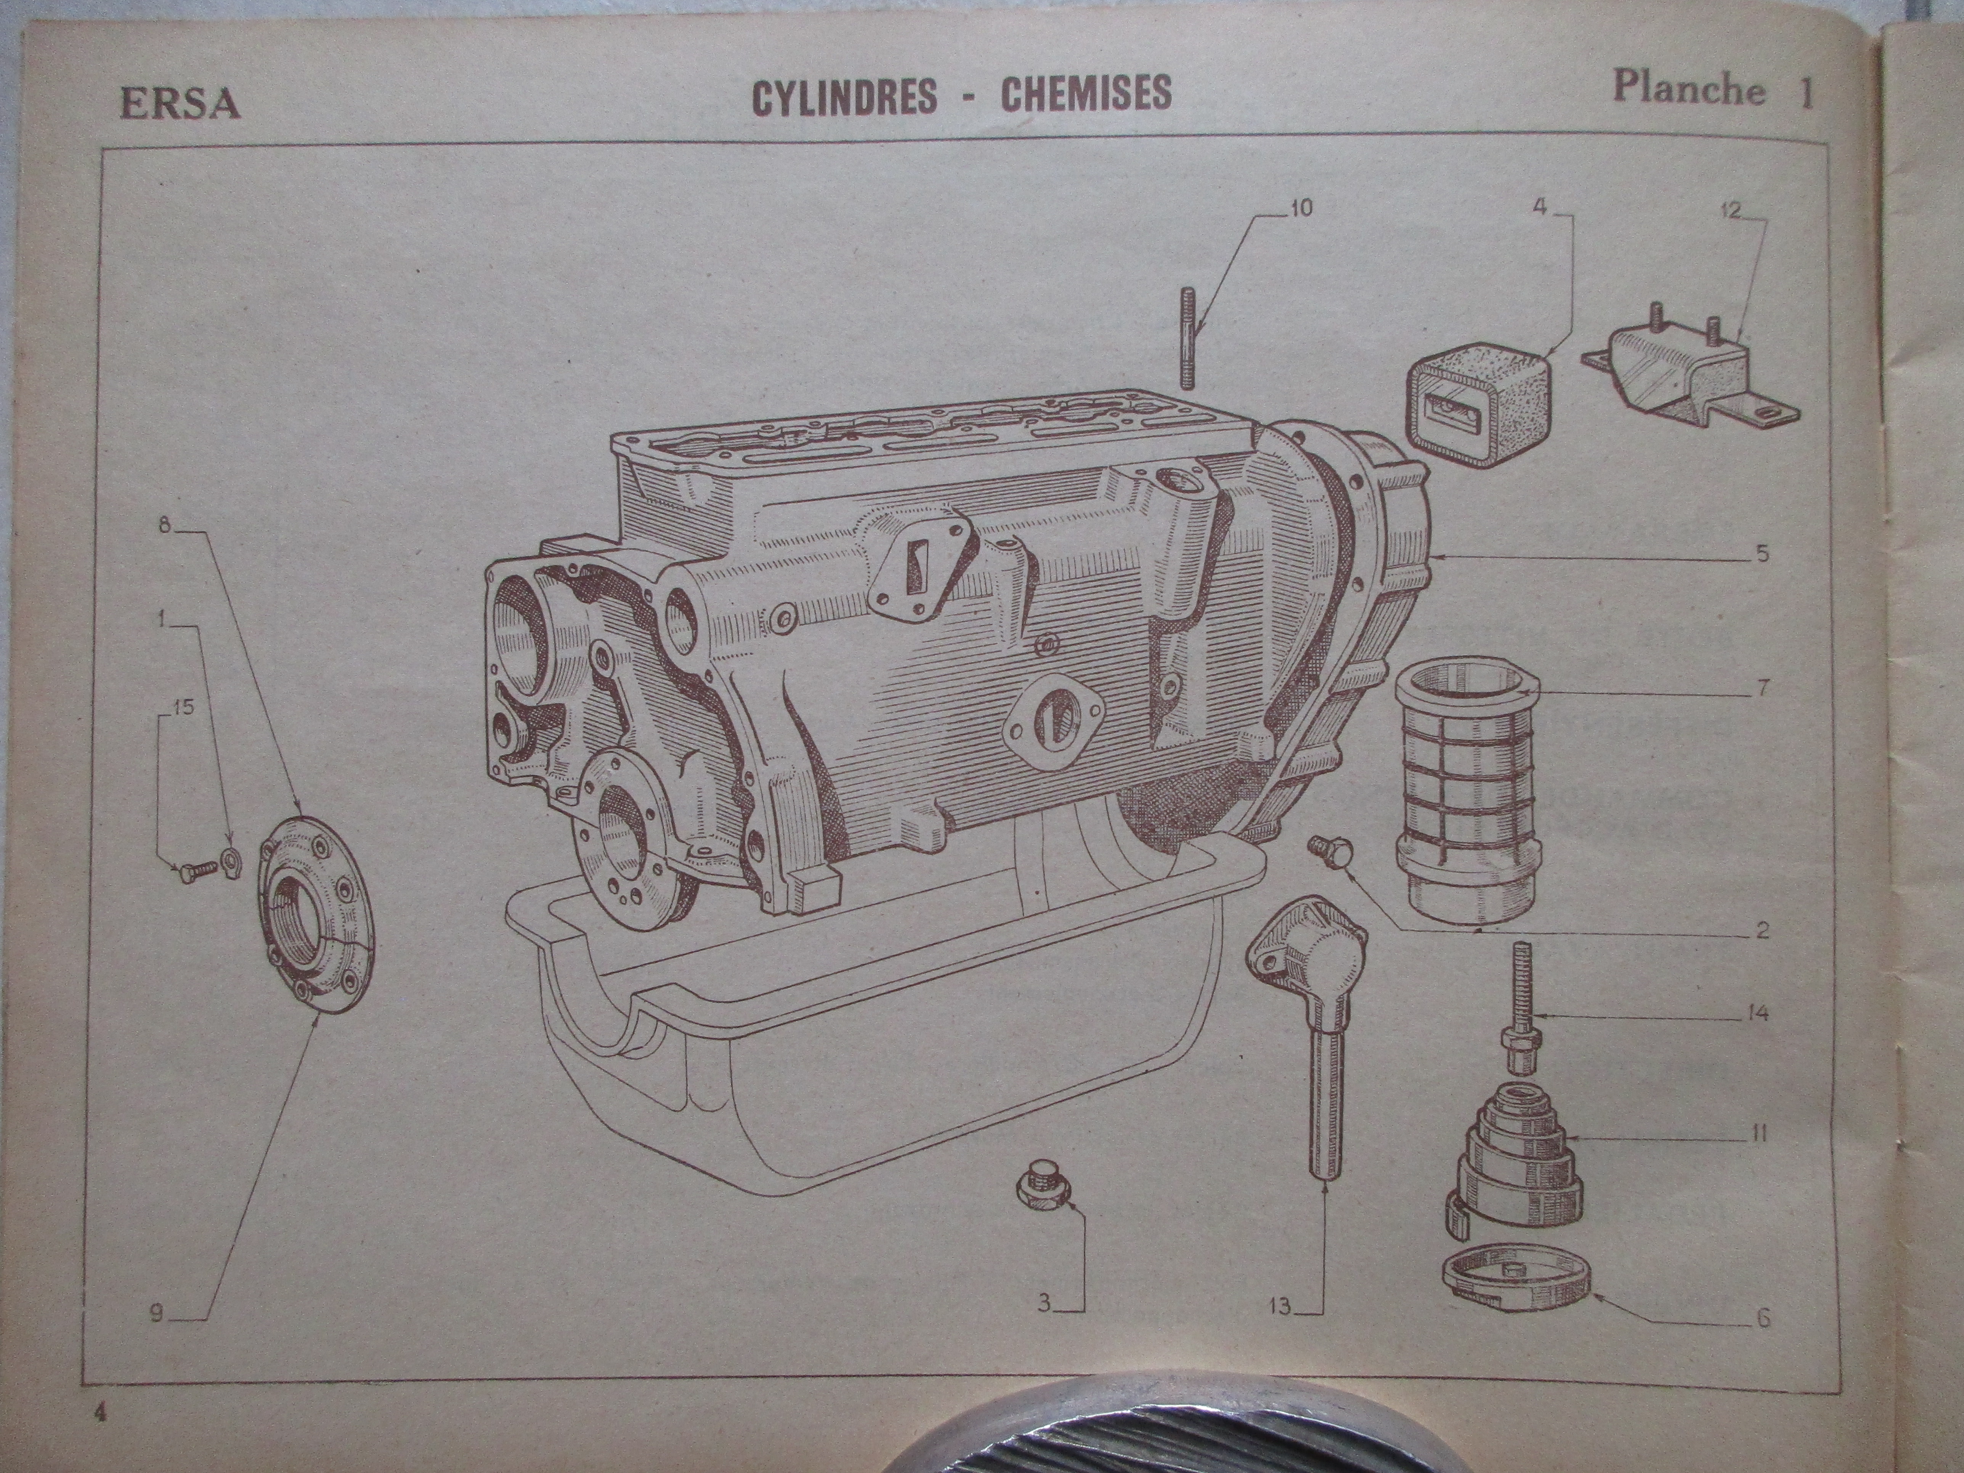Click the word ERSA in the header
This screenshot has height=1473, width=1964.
(180, 104)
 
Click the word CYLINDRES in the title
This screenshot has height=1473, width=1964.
(844, 96)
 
